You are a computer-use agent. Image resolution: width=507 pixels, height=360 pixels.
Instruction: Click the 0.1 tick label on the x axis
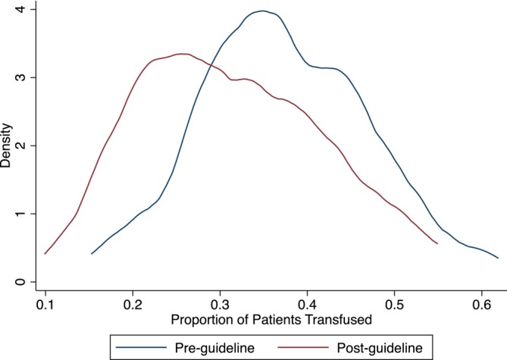[45, 305]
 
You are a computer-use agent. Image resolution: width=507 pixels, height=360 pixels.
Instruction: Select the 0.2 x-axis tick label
[133, 305]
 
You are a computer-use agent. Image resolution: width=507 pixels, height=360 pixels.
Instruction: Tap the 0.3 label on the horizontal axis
[220, 305]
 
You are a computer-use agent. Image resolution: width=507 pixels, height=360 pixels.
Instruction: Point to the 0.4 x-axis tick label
[307, 305]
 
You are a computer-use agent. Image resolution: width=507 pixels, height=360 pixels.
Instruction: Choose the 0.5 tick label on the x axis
[394, 305]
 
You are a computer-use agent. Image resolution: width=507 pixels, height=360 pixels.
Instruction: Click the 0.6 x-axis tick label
[481, 305]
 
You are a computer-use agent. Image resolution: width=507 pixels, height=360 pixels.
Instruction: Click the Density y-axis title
[5, 146]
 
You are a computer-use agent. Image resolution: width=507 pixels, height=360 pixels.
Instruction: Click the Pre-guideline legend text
[214, 348]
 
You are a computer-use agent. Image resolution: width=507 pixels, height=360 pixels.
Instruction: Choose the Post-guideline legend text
[380, 348]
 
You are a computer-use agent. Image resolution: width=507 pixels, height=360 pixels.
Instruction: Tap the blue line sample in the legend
[141, 348]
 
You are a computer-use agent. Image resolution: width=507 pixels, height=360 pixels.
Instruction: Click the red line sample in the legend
[303, 348]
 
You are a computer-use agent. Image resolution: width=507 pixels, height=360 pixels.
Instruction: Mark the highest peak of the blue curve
[263, 11]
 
